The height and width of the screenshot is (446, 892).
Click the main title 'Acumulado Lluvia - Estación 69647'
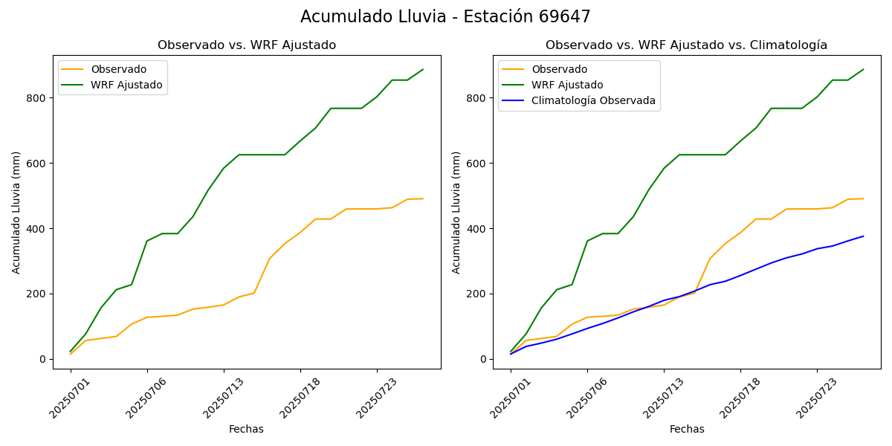point(445,17)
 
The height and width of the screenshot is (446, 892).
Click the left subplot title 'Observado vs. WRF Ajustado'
point(247,45)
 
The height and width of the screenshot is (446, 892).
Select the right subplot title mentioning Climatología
point(686,45)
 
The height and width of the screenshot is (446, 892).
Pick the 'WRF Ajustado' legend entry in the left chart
point(126,85)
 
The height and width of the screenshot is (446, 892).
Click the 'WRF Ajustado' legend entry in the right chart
point(567,85)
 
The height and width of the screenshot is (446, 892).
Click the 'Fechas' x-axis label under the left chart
point(246,429)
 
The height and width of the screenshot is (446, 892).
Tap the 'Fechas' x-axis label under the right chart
point(687,429)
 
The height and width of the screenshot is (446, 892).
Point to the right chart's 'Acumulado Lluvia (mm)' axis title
point(457,213)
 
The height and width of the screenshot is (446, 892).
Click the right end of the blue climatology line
point(863,236)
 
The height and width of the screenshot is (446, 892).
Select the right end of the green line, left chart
point(423,70)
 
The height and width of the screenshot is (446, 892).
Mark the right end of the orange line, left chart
point(423,198)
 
